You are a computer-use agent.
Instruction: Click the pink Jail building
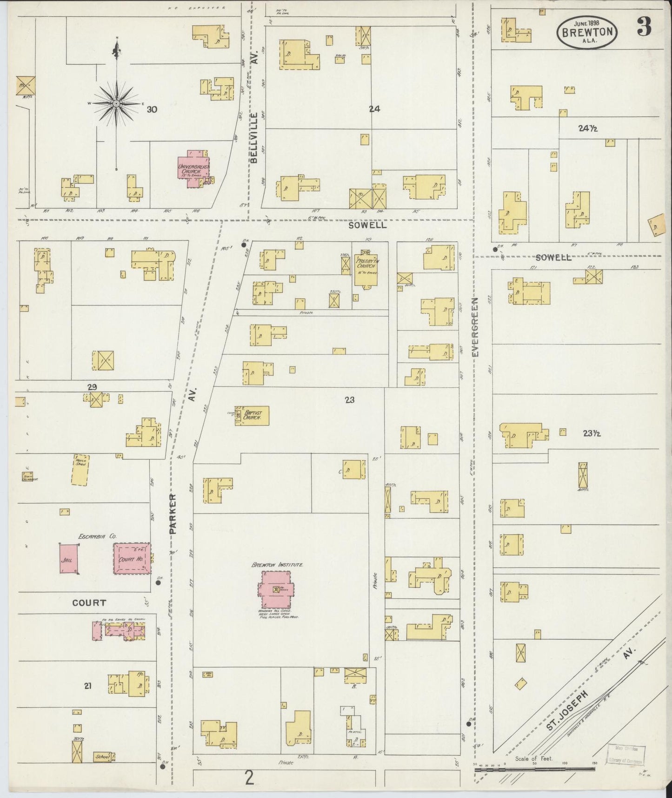(x=68, y=558)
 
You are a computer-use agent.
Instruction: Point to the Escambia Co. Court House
(x=133, y=558)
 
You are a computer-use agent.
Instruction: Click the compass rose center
(x=116, y=103)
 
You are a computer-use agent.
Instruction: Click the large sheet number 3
(x=644, y=28)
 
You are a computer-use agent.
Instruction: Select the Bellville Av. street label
(x=254, y=137)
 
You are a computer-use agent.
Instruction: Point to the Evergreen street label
(x=475, y=327)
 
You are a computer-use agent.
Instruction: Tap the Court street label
(x=89, y=602)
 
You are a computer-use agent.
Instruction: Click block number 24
(x=374, y=109)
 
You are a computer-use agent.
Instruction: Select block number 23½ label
(x=592, y=433)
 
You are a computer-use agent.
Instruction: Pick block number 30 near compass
(x=152, y=110)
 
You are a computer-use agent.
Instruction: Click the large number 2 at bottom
(x=250, y=778)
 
